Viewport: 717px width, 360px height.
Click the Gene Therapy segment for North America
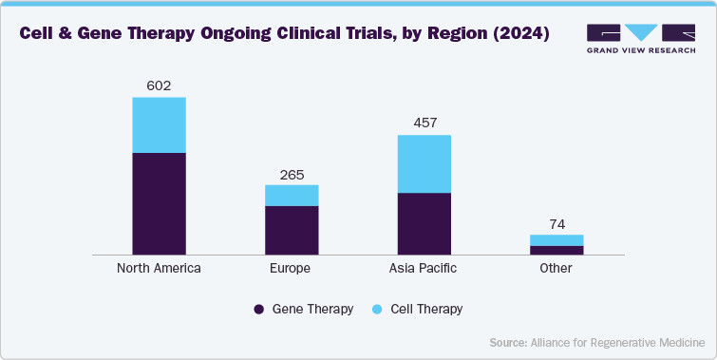pyautogui.click(x=159, y=203)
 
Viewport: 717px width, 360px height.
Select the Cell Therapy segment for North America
pyautogui.click(x=159, y=124)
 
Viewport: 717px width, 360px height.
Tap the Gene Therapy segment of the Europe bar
pyautogui.click(x=291, y=230)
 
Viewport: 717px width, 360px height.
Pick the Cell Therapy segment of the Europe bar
pyautogui.click(x=291, y=195)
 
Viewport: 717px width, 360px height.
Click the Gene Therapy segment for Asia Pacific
pyautogui.click(x=424, y=223)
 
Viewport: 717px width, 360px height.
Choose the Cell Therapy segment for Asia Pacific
pyautogui.click(x=424, y=163)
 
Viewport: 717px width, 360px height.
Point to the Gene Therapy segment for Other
pyautogui.click(x=556, y=250)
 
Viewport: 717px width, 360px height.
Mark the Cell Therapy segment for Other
pyautogui.click(x=556, y=240)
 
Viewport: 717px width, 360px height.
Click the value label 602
pyautogui.click(x=159, y=85)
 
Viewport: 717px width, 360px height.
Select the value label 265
pyautogui.click(x=291, y=174)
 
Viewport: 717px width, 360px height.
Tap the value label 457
pyautogui.click(x=424, y=123)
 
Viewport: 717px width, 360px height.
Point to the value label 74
pyautogui.click(x=556, y=223)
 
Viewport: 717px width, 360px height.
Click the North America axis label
pyautogui.click(x=159, y=269)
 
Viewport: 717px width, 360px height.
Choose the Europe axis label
pyautogui.click(x=291, y=269)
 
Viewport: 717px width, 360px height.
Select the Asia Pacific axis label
pyautogui.click(x=424, y=269)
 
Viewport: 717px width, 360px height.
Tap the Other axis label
pyautogui.click(x=556, y=269)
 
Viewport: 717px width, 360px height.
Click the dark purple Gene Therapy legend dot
pyautogui.click(x=257, y=310)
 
